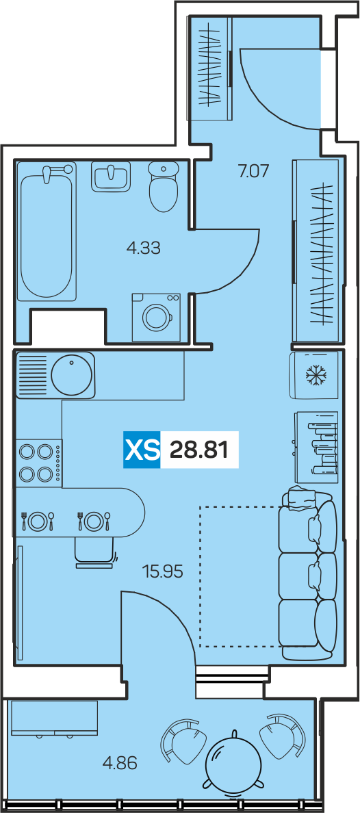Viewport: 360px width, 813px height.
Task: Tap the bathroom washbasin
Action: pos(111,177)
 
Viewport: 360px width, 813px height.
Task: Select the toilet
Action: pos(164,186)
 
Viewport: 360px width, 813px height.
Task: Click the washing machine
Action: pos(156,318)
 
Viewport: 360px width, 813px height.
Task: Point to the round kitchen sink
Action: pos(72,374)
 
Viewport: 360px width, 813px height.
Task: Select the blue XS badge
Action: pos(142,450)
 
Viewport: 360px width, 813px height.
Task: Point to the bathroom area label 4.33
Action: pos(144,248)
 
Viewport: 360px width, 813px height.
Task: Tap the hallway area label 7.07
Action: pos(253,171)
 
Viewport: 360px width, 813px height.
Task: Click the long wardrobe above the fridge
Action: pos(316,251)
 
